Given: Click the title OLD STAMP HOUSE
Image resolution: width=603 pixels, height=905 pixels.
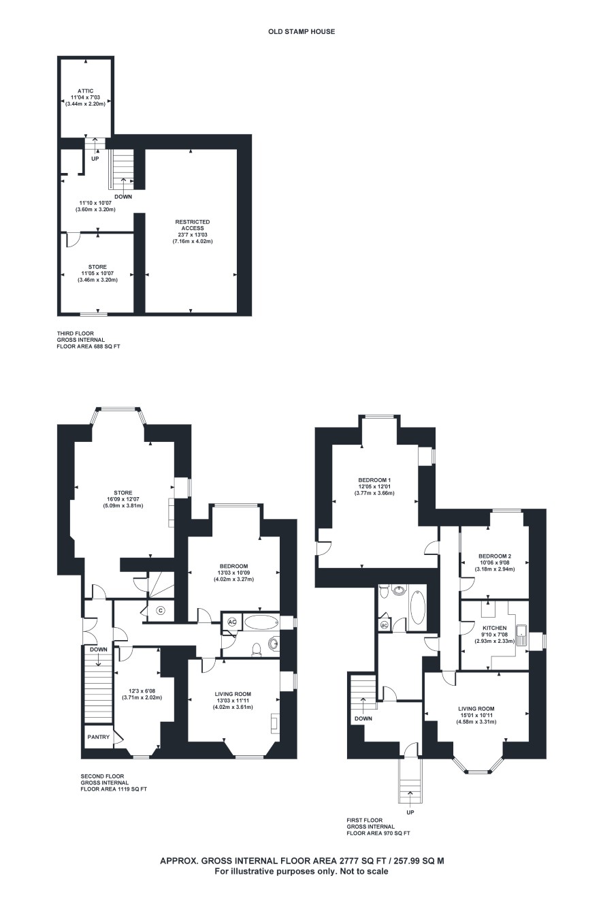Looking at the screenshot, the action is (x=301, y=31).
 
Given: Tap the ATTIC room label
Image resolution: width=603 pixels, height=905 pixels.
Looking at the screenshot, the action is (x=86, y=91).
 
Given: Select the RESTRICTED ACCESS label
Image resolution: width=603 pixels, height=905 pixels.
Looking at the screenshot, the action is (x=193, y=225).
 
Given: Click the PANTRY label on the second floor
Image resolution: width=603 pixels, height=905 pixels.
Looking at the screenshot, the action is (x=99, y=737).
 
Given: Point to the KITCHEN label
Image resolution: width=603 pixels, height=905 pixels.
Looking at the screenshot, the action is (x=494, y=628).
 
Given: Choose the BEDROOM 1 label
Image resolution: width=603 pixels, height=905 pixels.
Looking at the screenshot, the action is (x=374, y=480).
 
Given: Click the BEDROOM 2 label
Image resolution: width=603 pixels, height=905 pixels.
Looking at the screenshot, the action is (x=495, y=556).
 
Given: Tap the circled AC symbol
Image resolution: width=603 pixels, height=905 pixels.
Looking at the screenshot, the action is (x=232, y=622).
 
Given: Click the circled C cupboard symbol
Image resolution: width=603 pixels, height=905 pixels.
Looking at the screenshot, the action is (x=161, y=610).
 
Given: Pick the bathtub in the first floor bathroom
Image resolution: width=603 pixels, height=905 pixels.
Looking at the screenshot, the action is (x=417, y=607).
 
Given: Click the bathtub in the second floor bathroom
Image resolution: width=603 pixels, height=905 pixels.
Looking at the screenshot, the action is (x=262, y=622).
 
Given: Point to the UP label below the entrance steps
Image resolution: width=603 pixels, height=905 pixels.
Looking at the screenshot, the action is (x=410, y=812).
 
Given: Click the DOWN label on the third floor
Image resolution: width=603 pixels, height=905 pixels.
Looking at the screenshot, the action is (x=123, y=197).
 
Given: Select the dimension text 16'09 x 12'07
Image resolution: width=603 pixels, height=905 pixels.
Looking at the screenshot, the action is (x=123, y=499).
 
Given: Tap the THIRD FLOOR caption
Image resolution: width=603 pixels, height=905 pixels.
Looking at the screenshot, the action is (x=76, y=333).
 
